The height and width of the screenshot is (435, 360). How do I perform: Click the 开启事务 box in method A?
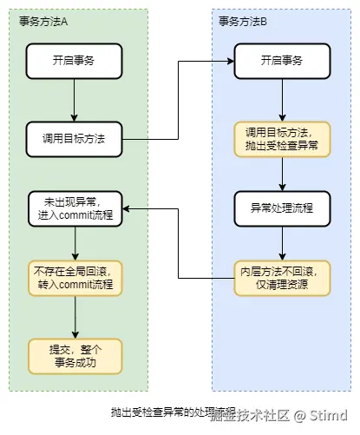click(x=75, y=60)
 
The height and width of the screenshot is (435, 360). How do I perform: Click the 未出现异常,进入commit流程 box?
click(x=75, y=208)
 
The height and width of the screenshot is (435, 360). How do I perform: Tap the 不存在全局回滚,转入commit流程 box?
click(x=75, y=278)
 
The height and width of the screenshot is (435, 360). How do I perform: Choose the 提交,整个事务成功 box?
click(x=75, y=353)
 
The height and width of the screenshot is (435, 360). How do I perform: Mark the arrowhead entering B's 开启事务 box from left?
click(x=230, y=60)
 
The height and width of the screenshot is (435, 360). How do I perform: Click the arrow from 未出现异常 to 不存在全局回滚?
click(x=75, y=243)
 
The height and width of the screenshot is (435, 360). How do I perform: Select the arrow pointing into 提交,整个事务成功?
click(x=75, y=318)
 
